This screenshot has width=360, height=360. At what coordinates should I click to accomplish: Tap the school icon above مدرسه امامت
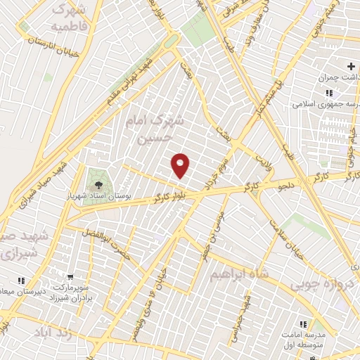304,324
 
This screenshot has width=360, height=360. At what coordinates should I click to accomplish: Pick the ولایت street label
262,149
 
